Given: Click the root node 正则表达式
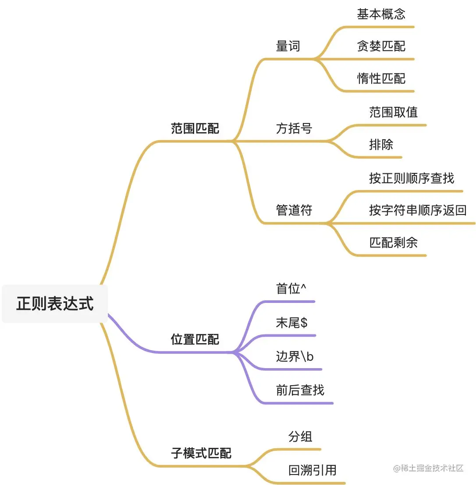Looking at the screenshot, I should click(55, 303).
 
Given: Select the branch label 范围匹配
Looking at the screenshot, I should click(195, 128).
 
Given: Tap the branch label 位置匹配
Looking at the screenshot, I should click(195, 339).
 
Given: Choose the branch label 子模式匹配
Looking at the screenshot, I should click(201, 453).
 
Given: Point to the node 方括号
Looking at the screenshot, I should click(294, 128).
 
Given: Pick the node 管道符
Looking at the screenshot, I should click(294, 210).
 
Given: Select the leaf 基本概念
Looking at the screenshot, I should click(381, 14).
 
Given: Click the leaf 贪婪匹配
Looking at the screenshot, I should click(381, 46).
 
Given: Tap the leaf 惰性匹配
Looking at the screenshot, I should click(381, 78).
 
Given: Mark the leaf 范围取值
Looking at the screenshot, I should click(393, 112).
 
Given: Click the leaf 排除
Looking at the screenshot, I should click(381, 144).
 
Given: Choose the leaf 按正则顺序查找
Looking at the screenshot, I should click(412, 178).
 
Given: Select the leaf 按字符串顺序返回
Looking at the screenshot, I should click(418, 210).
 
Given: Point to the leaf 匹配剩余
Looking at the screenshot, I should click(393, 242).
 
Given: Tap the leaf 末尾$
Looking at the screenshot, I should click(291, 323).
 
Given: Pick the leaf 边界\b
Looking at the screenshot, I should click(295, 356).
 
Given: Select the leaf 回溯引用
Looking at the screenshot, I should click(313, 470).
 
